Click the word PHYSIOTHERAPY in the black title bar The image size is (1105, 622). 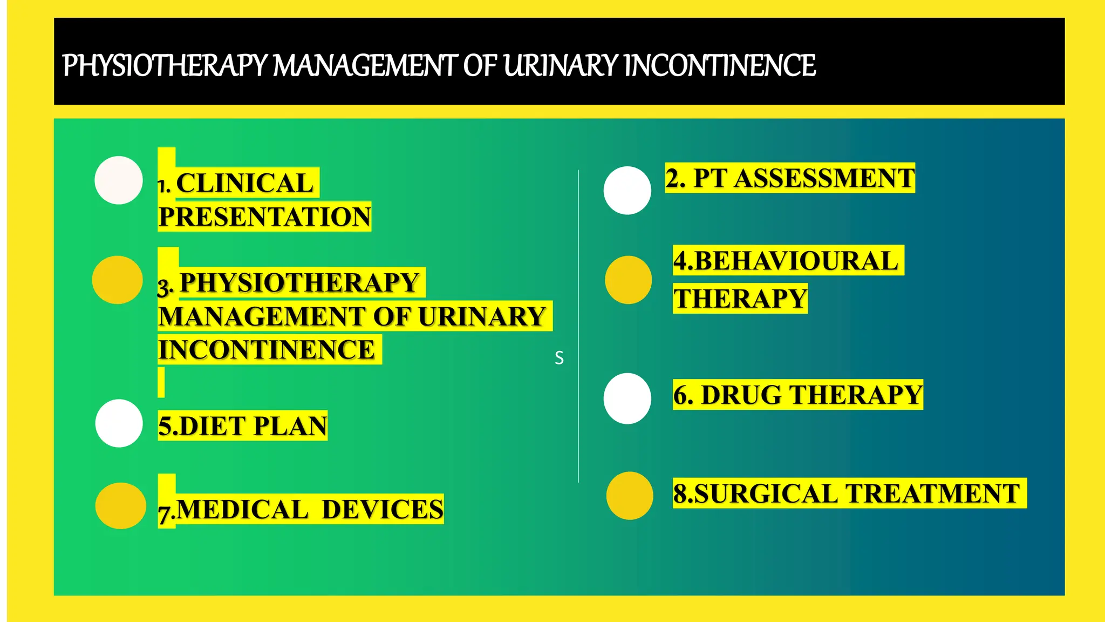coord(165,66)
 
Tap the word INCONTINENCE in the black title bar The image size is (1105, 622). coord(720,66)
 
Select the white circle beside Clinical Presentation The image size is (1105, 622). coord(119,180)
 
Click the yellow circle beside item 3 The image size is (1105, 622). coord(117,280)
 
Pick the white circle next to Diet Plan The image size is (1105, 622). coord(119,423)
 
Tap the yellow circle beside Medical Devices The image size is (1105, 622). coord(120,505)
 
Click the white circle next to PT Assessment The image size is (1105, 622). coord(627,191)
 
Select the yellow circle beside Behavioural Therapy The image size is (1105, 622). coord(628,280)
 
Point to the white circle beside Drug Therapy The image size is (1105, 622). coord(627,398)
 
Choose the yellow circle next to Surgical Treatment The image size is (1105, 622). coord(630,496)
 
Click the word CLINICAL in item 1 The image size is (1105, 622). coord(244,183)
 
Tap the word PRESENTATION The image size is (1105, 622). coord(264,217)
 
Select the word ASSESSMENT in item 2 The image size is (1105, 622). coord(824,178)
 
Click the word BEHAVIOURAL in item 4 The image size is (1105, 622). coord(796,261)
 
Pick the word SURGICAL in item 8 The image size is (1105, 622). coord(766,493)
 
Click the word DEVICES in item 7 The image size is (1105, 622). coord(382,509)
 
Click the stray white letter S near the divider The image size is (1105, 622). coord(559,358)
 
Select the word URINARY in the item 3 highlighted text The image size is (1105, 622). coord(481,316)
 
